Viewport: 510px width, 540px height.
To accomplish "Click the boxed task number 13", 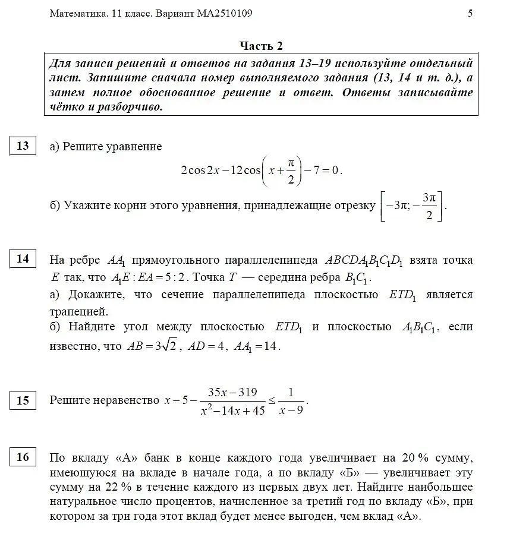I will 23,146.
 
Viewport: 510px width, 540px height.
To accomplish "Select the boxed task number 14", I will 23,260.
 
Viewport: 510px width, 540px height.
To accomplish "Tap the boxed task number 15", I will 23,400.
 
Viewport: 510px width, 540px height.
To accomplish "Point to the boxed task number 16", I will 23,457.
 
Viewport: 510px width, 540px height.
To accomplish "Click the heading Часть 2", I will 261,46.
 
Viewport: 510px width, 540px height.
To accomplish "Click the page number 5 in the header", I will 470,13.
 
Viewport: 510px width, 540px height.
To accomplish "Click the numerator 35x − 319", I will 232,392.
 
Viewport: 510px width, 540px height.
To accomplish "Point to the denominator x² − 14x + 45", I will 232,410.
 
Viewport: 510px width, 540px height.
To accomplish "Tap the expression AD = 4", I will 207,346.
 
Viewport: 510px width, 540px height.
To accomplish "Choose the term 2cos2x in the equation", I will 200,170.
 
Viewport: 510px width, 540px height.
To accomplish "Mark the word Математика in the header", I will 74,13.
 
